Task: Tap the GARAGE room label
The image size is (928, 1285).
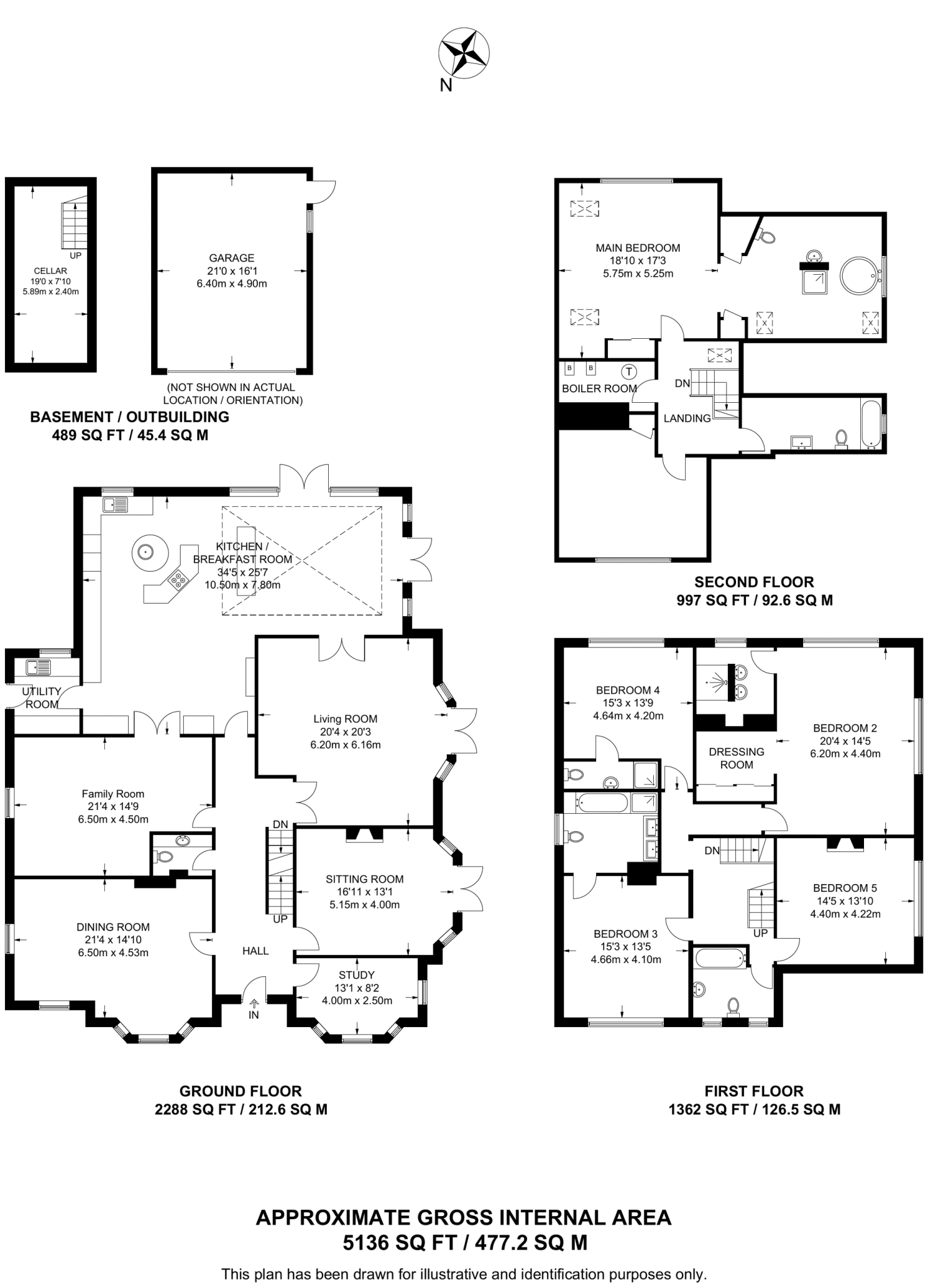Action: [232, 258]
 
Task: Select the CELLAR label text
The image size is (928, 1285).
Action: [50, 271]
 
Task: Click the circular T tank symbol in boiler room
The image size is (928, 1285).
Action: [629, 371]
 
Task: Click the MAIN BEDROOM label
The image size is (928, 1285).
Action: [637, 248]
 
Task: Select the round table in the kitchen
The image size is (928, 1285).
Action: [149, 552]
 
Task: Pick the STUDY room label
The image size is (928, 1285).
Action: [356, 975]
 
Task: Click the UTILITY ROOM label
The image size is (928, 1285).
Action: [41, 698]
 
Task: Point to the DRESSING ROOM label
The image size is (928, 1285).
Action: [737, 758]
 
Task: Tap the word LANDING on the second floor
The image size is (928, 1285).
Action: [687, 419]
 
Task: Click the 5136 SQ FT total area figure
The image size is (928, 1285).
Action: [392, 1242]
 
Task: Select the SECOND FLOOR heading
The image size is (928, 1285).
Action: [754, 582]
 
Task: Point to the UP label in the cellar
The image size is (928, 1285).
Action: [75, 255]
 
